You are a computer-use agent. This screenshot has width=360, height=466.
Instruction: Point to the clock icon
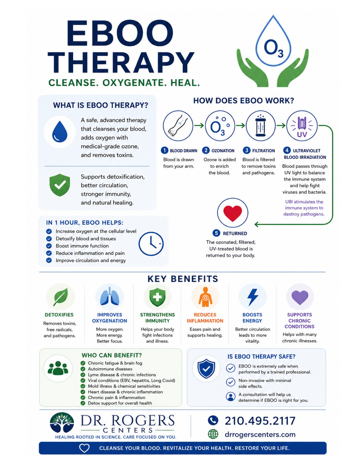151,244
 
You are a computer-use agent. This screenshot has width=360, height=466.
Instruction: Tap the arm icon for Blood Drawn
178,126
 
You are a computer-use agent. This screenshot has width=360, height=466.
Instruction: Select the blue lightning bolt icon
253,297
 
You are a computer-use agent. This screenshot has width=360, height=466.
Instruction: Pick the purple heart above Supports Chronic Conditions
300,297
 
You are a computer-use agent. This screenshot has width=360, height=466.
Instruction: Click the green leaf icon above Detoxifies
61,297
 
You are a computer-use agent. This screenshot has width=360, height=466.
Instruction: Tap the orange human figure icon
205,297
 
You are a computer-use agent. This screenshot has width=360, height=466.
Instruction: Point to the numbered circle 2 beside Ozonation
206,150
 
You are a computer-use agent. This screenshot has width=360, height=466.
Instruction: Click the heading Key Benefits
183,279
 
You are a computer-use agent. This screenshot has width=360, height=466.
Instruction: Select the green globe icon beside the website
213,434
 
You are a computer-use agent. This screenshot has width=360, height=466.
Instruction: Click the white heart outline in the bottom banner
84,448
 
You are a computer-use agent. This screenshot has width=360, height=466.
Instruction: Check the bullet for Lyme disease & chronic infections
83,375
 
